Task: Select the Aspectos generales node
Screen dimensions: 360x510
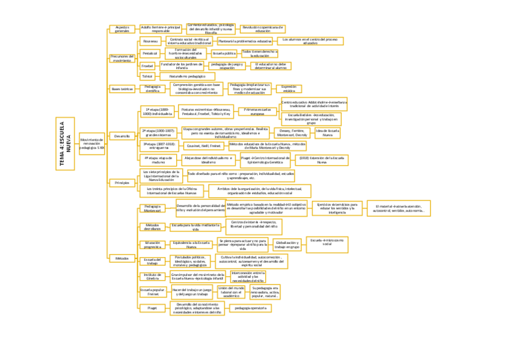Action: point(122,29)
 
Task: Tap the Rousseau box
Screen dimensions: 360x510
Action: point(150,41)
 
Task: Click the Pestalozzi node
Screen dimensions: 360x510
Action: point(149,53)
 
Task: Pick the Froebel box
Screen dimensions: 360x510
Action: point(147,65)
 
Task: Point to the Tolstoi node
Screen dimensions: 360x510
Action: point(147,77)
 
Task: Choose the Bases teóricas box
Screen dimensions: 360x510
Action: point(122,88)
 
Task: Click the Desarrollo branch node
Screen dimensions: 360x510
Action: point(122,136)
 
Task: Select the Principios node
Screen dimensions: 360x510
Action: point(122,183)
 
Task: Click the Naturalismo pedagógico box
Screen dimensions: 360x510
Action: point(187,77)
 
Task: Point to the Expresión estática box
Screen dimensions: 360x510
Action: point(289,88)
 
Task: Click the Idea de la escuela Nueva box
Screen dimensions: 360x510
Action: point(328,133)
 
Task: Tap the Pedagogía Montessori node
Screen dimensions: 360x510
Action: point(152,209)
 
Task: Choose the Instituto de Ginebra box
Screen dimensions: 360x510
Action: point(152,276)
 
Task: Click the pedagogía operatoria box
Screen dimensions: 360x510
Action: point(250,308)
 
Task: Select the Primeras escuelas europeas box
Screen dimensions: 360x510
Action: point(257,112)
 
